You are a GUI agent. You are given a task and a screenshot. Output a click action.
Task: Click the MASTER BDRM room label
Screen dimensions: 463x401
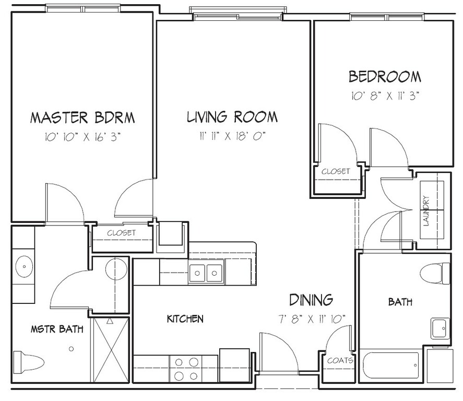point(82,117)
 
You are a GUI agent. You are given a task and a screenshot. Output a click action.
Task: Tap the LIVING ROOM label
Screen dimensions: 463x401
point(232,116)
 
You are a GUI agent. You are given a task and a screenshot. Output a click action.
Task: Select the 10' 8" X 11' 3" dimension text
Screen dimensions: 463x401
point(385,96)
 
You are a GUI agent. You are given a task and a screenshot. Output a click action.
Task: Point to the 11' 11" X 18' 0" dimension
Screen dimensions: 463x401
point(232,136)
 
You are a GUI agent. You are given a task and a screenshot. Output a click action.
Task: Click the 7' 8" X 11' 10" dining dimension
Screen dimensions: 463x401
point(312,319)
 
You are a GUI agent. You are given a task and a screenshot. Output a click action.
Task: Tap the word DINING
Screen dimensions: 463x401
point(311,300)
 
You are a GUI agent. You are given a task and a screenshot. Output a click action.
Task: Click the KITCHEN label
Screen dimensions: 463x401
point(185,319)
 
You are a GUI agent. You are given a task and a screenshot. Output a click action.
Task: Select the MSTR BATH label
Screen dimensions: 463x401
point(57,329)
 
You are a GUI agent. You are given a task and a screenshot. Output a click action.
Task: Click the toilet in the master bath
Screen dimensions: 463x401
point(28,361)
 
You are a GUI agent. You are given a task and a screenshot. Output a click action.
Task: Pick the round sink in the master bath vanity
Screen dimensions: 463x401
point(25,267)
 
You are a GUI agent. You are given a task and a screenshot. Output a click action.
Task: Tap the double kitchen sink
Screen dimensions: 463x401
point(206,273)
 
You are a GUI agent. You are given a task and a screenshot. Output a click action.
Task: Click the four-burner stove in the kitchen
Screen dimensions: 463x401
point(186,369)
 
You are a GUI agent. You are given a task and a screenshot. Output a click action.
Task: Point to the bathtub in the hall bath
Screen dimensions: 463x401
point(390,365)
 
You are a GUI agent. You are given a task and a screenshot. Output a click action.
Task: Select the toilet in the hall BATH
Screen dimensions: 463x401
point(435,274)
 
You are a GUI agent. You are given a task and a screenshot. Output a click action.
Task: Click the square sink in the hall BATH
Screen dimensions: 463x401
point(440,328)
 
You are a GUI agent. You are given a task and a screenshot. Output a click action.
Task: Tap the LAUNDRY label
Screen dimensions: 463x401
point(426,210)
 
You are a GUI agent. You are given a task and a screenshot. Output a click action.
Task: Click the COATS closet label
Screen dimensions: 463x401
point(340,361)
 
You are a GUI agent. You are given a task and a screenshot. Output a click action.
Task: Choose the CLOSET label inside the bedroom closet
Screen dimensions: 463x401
point(336,171)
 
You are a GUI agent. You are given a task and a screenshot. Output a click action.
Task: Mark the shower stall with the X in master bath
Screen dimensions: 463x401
point(111,350)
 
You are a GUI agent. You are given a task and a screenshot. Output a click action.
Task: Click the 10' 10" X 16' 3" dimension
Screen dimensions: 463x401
point(82,137)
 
